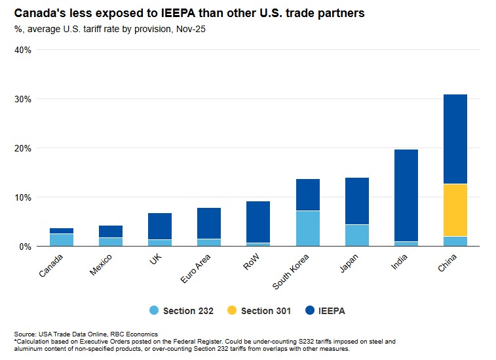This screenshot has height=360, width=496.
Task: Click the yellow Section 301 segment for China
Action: coord(455,210)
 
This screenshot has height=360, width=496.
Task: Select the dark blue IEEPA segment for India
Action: coord(406,195)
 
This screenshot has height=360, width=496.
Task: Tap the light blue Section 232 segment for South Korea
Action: coord(307,228)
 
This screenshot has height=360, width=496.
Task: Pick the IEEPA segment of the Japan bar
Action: coord(356,201)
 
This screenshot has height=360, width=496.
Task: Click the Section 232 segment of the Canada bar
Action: coord(62,239)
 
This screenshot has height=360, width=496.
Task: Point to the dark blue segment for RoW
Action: coord(258,222)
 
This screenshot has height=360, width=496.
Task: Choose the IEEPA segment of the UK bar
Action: coord(160,226)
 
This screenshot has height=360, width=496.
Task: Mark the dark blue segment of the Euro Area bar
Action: coord(209,224)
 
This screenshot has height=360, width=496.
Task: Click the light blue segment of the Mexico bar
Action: coord(111,241)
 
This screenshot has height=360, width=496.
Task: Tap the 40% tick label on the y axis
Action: coord(23,50)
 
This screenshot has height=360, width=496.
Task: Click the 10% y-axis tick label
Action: coord(23,197)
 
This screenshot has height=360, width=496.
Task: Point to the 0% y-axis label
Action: coord(25,247)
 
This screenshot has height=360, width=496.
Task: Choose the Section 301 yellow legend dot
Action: coord(227,311)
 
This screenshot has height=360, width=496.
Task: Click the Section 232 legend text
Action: coord(188,311)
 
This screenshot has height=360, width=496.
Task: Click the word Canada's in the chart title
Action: coord(41,13)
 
